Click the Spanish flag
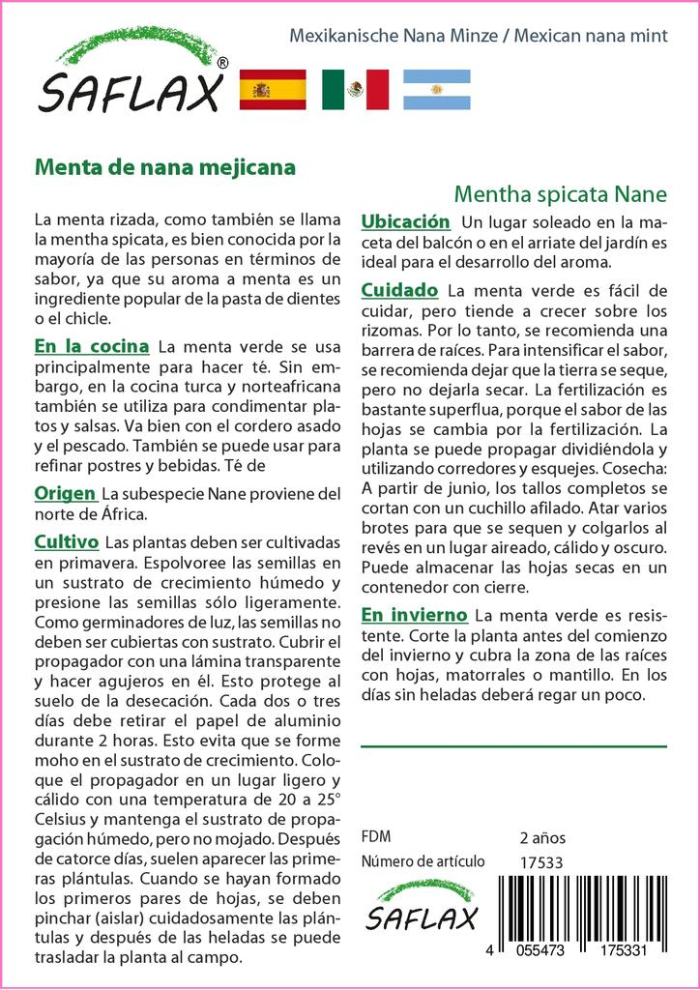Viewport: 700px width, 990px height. (x=272, y=90)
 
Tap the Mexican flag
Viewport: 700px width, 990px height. (x=355, y=90)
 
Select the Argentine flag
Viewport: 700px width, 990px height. (x=437, y=90)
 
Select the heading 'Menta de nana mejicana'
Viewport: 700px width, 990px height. (x=164, y=166)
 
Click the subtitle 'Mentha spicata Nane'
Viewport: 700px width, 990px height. (x=560, y=192)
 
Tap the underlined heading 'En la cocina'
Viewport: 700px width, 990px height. (x=91, y=346)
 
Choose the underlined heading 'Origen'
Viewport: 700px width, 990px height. (x=65, y=493)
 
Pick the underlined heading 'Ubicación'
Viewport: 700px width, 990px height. (x=405, y=221)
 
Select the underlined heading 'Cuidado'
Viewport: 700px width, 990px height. (x=399, y=290)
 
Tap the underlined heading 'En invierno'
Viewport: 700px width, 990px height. (x=414, y=615)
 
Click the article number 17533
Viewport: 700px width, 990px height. (x=540, y=861)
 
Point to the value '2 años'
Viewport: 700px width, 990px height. (x=542, y=837)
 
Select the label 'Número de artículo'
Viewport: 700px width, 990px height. (x=422, y=861)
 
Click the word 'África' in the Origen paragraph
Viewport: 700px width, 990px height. (x=124, y=515)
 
